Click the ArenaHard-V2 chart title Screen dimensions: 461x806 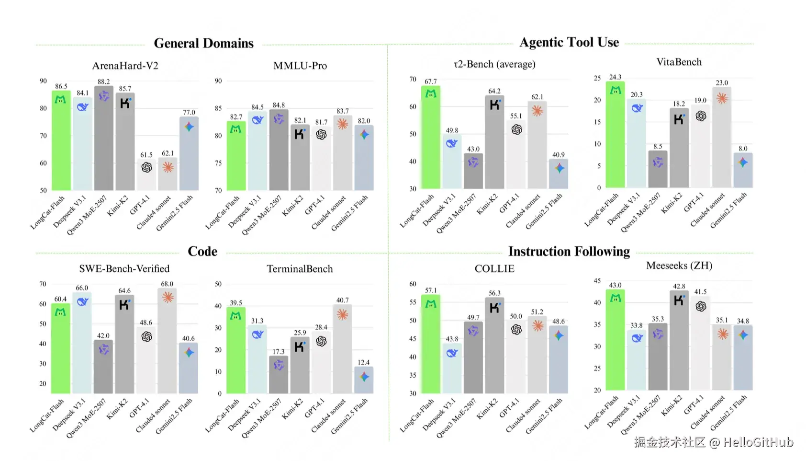click(x=125, y=66)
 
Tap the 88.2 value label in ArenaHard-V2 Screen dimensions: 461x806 click(x=103, y=81)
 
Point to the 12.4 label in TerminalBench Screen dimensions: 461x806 click(x=364, y=362)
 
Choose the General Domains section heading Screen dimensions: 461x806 click(x=203, y=43)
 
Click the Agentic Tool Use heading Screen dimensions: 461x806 click(x=569, y=42)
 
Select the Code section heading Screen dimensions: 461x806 click(x=202, y=251)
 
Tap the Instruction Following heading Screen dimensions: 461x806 click(x=569, y=251)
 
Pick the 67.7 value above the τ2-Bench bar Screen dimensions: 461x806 click(x=430, y=81)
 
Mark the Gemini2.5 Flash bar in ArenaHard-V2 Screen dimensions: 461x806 click(x=189, y=154)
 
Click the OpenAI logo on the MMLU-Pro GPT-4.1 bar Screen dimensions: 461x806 click(x=321, y=135)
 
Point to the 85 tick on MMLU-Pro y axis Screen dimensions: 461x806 click(x=218, y=108)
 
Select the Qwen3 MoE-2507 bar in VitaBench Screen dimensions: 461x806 click(x=658, y=170)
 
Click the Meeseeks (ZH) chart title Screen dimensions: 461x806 click(x=679, y=265)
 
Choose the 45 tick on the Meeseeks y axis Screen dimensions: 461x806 click(x=597, y=281)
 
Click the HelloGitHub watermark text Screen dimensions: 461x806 click(x=758, y=442)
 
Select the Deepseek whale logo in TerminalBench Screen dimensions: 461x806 click(x=257, y=334)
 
